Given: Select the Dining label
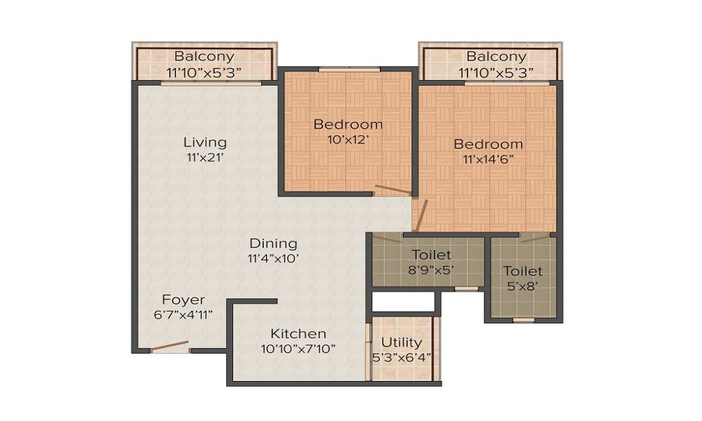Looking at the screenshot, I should (x=273, y=243).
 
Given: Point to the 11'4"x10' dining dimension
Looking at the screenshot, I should (x=273, y=258).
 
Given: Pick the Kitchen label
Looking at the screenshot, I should (x=298, y=333).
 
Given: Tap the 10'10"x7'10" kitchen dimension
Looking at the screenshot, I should (x=298, y=348).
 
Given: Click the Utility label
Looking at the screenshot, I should (x=402, y=342).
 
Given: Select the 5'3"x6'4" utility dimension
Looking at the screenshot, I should (x=402, y=356).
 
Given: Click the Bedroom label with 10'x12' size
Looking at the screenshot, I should (x=348, y=125).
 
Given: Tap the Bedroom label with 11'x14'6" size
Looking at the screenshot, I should (x=488, y=145).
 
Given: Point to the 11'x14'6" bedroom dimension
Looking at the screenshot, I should (x=488, y=159).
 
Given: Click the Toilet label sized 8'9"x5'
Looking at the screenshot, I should (x=431, y=255).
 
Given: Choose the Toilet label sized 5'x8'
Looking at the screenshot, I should (x=522, y=271).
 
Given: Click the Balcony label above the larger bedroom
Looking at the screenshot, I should (x=496, y=56).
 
